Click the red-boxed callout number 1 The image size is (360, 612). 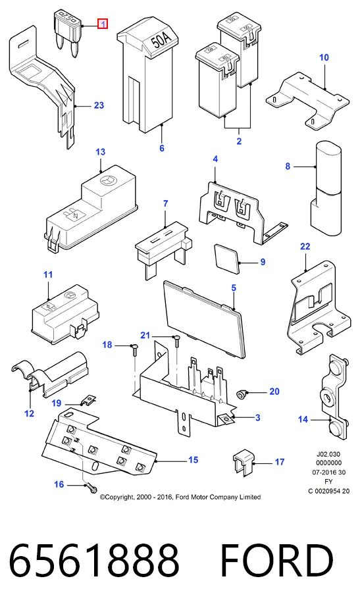point(103,24)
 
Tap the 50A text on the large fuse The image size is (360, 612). point(161,39)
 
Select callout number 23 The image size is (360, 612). point(99,105)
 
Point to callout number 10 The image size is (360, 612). point(324,58)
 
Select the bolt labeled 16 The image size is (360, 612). point(91,488)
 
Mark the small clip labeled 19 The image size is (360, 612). point(89,400)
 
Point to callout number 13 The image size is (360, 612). point(101,152)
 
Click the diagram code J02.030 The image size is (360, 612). point(328,454)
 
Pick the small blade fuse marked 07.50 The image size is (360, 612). point(66,34)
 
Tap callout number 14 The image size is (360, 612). point(303,419)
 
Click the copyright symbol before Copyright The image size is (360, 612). point(103,497)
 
